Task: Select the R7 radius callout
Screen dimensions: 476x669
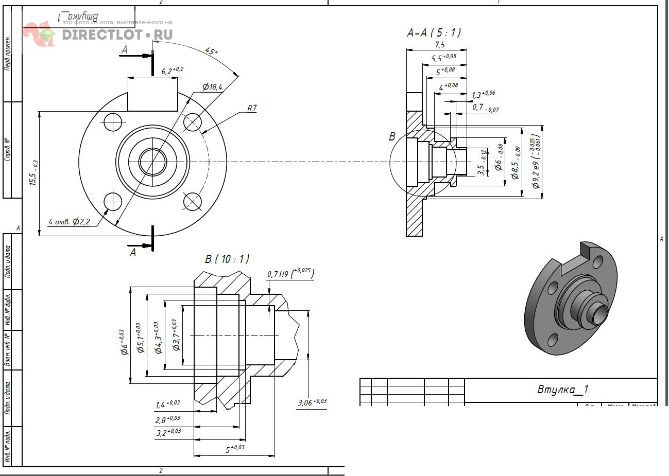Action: (252, 108)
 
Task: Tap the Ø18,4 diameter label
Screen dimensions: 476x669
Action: (212, 86)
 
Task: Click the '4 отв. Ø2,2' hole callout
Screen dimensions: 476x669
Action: (69, 222)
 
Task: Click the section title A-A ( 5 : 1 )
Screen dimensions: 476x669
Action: (434, 33)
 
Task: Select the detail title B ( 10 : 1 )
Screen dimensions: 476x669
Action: (227, 258)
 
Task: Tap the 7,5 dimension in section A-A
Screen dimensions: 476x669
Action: (439, 45)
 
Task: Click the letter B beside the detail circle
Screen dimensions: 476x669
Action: (392, 136)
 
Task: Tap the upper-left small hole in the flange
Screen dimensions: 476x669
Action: (113, 122)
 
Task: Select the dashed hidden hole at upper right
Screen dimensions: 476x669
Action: (192, 122)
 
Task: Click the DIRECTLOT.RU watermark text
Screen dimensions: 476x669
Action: (117, 35)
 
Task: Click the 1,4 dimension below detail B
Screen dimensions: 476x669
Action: (167, 404)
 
